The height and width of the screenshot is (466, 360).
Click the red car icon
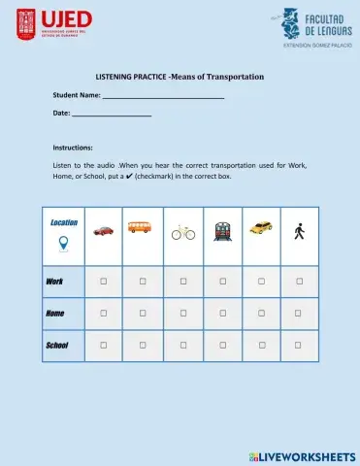coord(103,231)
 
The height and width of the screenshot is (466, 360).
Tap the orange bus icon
coord(142,229)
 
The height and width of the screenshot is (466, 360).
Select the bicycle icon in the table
coord(183,233)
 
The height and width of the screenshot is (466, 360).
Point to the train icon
coord(223,231)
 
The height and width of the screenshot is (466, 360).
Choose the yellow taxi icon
coord(261,229)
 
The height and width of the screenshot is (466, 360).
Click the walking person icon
coord(299,231)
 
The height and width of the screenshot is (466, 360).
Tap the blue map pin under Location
coord(64,243)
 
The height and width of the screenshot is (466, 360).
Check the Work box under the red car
coord(103,281)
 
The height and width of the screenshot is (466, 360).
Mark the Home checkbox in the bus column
coord(142,313)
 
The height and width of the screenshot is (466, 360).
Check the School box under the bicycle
coord(183,345)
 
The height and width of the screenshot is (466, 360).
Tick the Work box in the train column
coord(223,281)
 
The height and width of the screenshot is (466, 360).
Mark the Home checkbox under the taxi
coord(261,313)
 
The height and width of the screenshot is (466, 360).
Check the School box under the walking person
coord(299,345)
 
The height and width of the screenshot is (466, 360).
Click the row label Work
coord(54,282)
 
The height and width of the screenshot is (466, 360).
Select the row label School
coord(57,345)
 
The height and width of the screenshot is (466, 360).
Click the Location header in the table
coord(64,222)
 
